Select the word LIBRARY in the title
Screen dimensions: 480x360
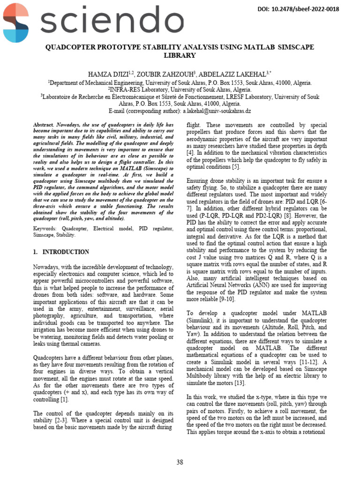179,55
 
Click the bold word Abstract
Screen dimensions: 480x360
44,125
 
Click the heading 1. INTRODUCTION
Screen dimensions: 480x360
61,252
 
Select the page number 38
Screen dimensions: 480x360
180,462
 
